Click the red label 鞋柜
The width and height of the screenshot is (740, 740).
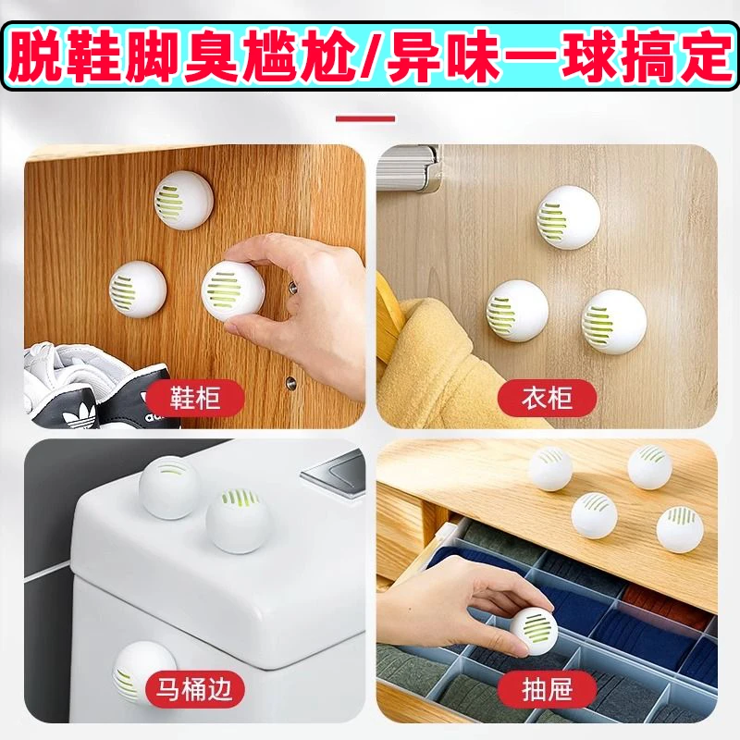click(x=194, y=398)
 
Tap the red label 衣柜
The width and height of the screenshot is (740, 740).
click(x=547, y=398)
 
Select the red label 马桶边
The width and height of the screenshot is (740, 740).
click(x=194, y=688)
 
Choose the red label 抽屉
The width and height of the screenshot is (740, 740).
click(x=547, y=688)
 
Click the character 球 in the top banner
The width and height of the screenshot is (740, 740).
click(x=588, y=55)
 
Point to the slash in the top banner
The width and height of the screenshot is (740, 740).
click(x=372, y=55)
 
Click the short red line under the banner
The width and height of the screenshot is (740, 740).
click(x=365, y=119)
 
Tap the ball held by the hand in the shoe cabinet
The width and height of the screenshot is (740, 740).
click(x=233, y=291)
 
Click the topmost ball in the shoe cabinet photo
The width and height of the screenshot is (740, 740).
click(x=184, y=200)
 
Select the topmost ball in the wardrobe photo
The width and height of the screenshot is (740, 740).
click(x=568, y=217)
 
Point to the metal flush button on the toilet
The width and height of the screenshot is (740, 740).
click(x=334, y=470)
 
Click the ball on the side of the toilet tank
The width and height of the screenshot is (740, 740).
click(x=143, y=670)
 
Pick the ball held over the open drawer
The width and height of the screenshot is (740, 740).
click(x=534, y=632)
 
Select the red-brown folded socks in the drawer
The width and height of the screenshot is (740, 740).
click(x=666, y=603)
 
